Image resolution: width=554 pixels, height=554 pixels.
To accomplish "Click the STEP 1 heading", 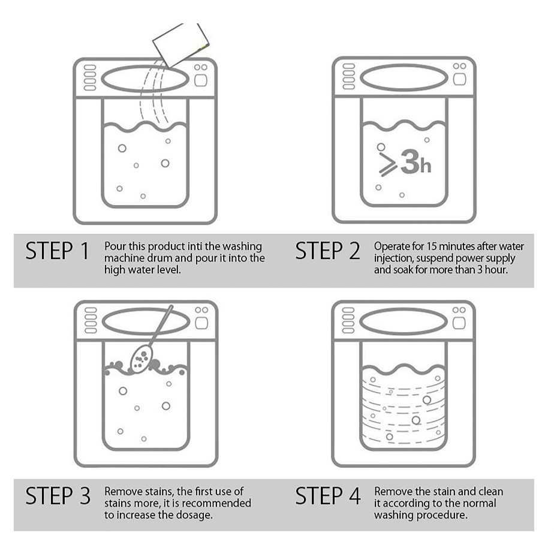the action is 57,251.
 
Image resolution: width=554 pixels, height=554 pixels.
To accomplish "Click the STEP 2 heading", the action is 327,251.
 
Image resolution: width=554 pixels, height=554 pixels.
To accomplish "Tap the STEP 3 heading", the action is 58,495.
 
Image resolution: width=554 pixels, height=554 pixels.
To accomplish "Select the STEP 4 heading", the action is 328,495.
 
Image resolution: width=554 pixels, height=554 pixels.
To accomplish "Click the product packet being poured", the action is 181,44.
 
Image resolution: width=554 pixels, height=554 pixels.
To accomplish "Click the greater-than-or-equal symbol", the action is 387,164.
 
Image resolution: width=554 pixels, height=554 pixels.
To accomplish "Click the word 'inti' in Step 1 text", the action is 195,246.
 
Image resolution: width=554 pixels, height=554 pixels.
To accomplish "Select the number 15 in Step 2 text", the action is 432,246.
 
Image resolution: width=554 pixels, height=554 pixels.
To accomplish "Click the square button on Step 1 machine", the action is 201,80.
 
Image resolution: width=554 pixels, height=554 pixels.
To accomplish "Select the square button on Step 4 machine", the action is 459,323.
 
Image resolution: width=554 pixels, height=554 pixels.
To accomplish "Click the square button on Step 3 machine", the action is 201,323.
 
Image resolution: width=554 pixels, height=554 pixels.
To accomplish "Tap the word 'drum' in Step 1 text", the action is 159,258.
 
